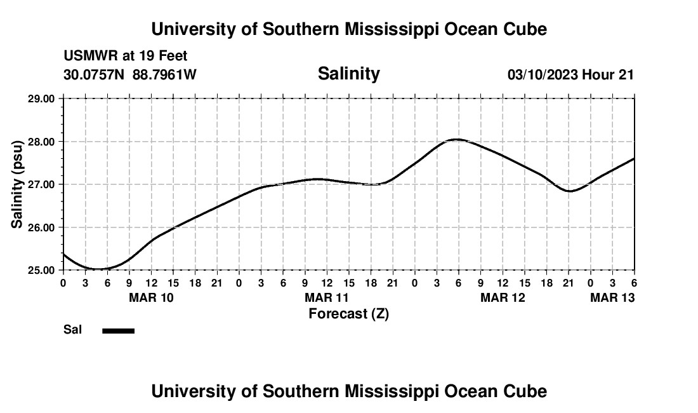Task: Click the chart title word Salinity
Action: (x=348, y=74)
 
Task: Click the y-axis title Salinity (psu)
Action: (x=17, y=184)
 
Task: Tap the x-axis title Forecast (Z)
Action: (x=348, y=313)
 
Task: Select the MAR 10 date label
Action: (x=151, y=297)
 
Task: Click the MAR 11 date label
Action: (x=327, y=297)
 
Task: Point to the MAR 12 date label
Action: (x=503, y=297)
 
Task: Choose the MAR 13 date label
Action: (x=612, y=297)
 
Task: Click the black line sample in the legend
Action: (x=119, y=330)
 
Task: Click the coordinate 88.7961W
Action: (x=164, y=74)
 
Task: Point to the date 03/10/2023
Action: (x=543, y=74)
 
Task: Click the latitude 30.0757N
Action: (x=95, y=74)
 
